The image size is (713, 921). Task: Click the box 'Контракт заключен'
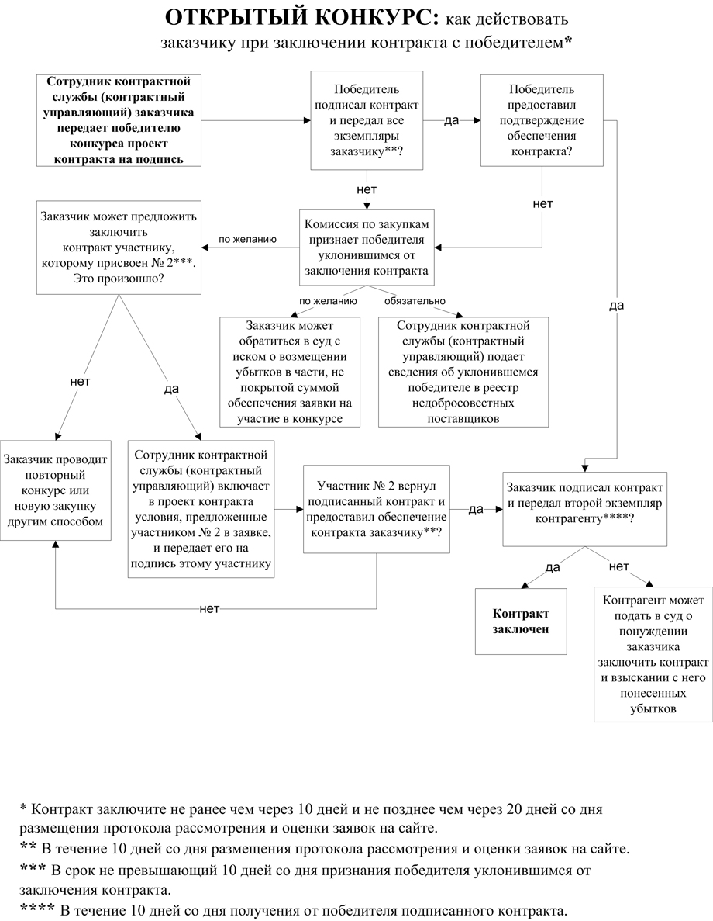click(521, 621)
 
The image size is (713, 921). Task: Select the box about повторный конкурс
click(54, 490)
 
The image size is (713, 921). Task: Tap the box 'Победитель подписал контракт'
click(367, 120)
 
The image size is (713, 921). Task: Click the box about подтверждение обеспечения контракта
click(542, 120)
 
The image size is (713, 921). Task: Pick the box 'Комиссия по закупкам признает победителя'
click(367, 248)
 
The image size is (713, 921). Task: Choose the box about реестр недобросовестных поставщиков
click(463, 372)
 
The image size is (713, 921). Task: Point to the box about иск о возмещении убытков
click(289, 372)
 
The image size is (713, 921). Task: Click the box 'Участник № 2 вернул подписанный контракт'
click(376, 509)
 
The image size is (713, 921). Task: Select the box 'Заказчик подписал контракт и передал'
click(584, 509)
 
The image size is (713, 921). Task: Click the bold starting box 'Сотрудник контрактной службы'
click(119, 120)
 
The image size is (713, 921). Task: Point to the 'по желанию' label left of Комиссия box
click(247, 240)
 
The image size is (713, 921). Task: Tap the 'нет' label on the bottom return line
click(209, 608)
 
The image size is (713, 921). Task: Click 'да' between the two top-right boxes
click(452, 121)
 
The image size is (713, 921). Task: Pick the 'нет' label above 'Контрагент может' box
click(618, 566)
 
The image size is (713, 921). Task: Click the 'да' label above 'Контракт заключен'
click(553, 567)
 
